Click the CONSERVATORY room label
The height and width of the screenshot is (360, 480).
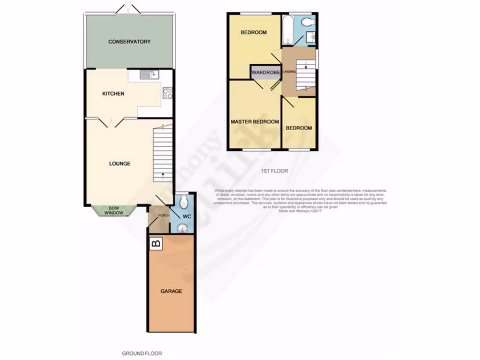click(129, 42)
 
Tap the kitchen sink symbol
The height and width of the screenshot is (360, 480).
click(150, 75)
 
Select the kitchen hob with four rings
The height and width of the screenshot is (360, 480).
click(167, 93)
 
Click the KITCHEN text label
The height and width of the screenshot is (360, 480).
click(113, 94)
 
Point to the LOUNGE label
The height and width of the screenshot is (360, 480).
click(120, 164)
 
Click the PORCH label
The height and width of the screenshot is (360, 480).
click(163, 216)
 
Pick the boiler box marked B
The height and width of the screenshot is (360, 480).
click(156, 243)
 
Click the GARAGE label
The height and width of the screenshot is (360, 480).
click(171, 291)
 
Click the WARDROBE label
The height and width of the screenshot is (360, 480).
click(265, 72)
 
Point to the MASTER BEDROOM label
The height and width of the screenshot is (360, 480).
click(255, 122)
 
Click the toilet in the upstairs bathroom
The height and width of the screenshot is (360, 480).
click(307, 22)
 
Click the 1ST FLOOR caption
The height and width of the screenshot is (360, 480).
click(274, 171)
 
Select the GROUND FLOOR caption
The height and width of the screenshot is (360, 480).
click(142, 353)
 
